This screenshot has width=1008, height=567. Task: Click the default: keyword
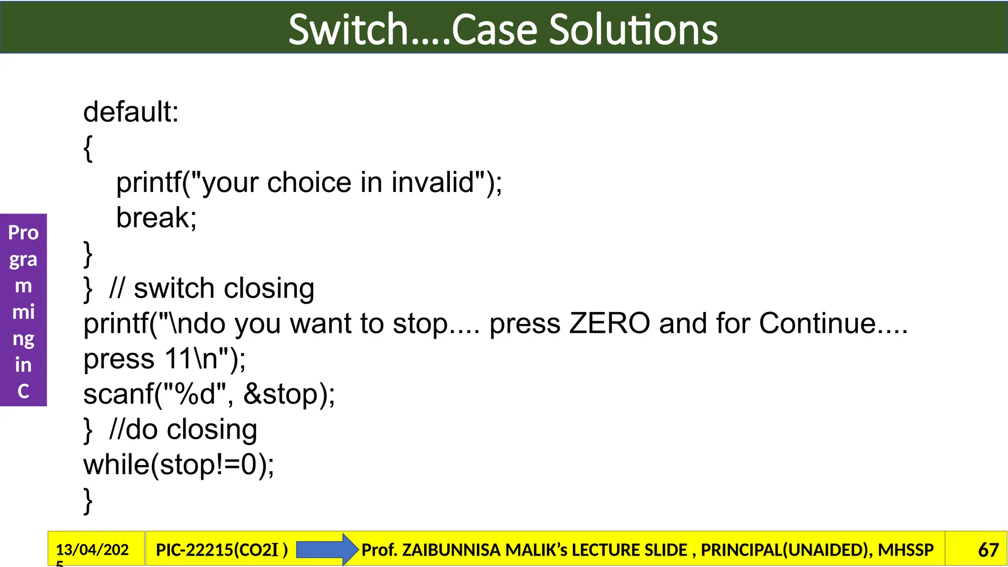(131, 112)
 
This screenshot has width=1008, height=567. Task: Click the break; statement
(157, 218)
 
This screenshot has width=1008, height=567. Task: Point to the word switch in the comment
(174, 288)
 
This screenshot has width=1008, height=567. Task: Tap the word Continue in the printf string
(818, 324)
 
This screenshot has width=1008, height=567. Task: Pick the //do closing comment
(183, 430)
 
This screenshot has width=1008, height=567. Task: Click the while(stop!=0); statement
(179, 465)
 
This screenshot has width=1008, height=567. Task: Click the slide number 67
(988, 550)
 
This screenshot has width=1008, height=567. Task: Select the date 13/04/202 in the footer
(93, 549)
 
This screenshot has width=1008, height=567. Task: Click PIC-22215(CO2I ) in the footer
(221, 550)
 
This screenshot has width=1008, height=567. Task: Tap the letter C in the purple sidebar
(23, 391)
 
